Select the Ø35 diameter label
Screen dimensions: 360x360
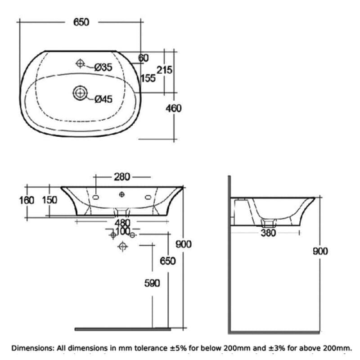pos(103,67)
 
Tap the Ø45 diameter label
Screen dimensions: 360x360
pos(103,99)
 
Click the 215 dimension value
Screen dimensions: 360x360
pos(164,70)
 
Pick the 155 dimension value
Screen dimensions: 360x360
pos(148,78)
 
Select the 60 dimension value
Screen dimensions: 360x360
pos(143,58)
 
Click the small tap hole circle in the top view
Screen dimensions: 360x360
pos(80,63)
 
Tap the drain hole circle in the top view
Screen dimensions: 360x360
pos(80,93)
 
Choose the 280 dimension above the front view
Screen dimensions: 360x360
pos(122,177)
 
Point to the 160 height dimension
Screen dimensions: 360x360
pos(27,200)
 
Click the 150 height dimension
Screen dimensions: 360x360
pos(49,200)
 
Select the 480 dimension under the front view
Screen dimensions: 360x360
pos(122,223)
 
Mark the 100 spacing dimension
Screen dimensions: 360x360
pos(122,231)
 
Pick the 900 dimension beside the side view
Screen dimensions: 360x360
pos(320,251)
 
